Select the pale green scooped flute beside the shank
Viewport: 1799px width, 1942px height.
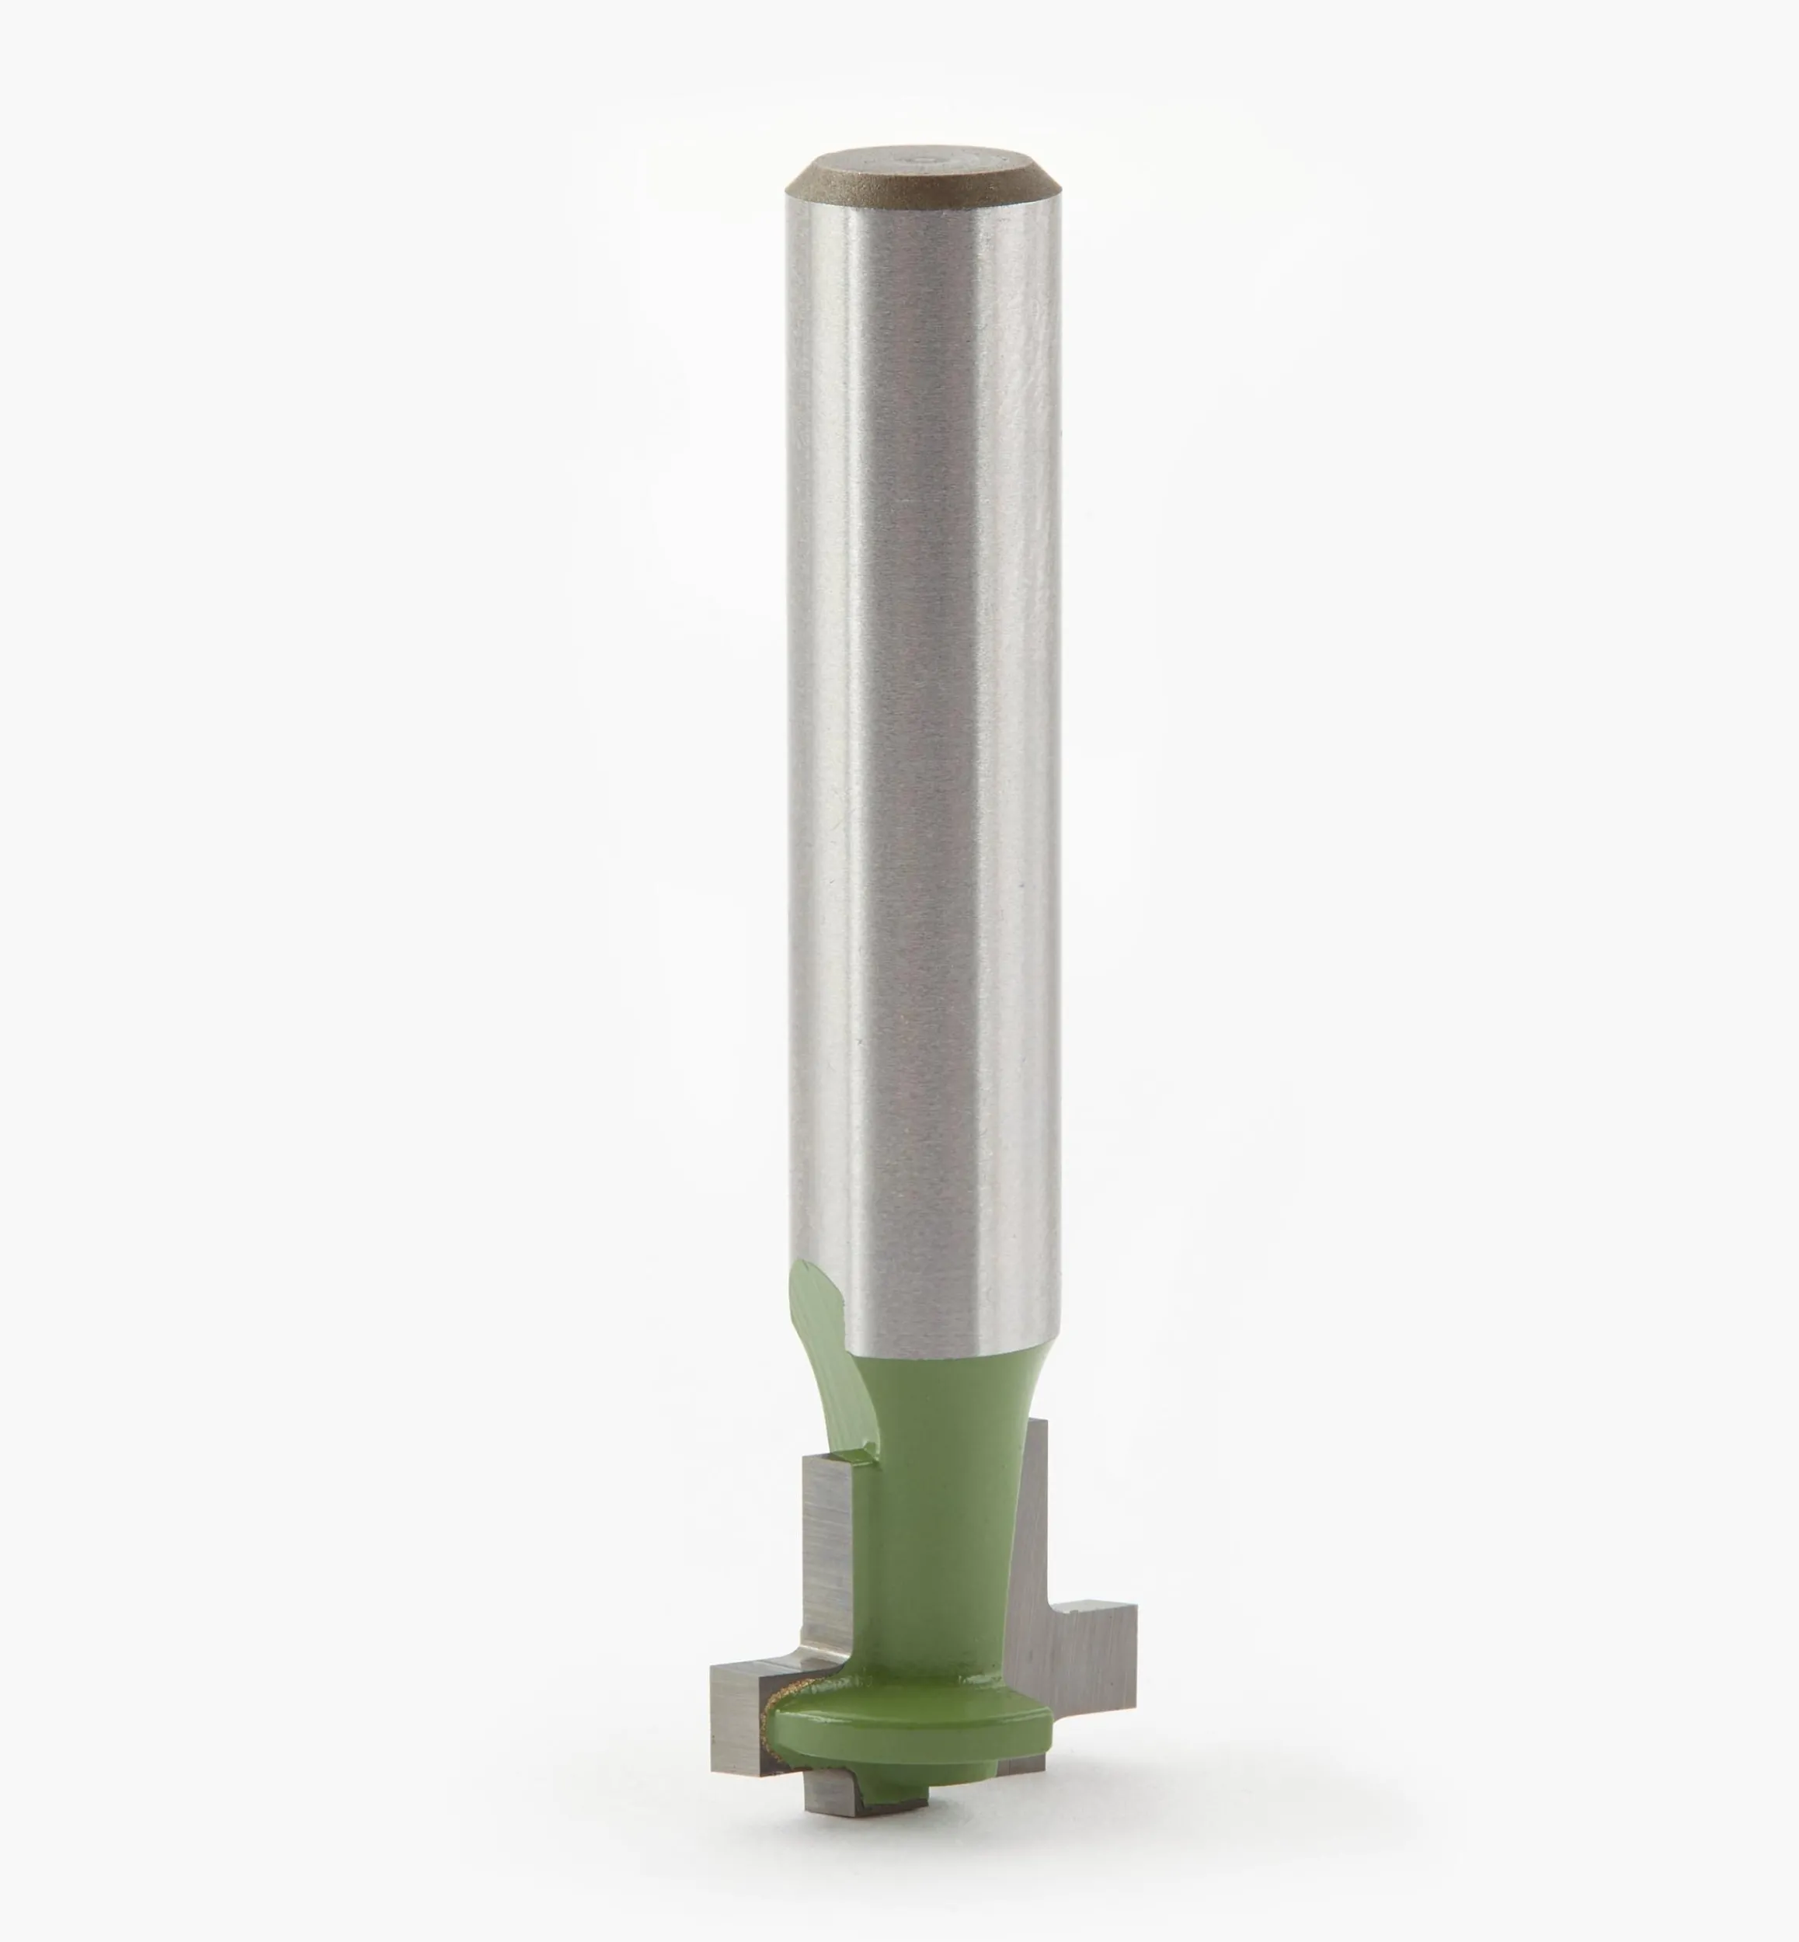click(813, 1314)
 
